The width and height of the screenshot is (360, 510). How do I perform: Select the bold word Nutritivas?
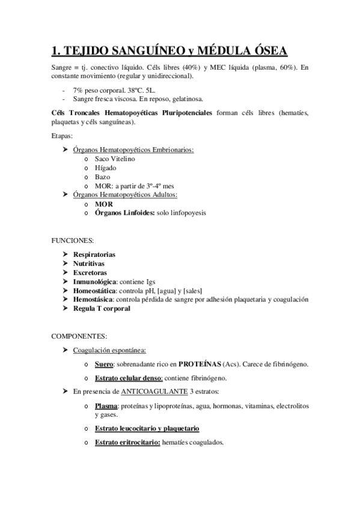point(88,263)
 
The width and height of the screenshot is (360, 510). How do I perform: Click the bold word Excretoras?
point(90,272)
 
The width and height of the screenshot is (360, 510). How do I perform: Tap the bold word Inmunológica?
point(93,281)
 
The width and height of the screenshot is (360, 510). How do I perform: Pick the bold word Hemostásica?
point(93,300)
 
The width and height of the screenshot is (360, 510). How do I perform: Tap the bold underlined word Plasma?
point(106,407)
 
